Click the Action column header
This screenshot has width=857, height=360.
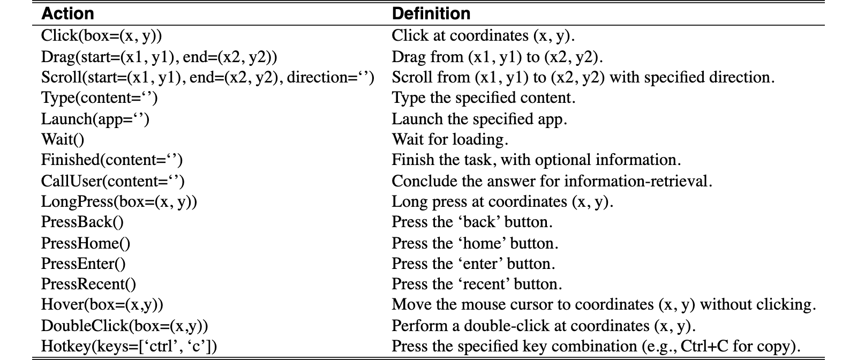(x=67, y=14)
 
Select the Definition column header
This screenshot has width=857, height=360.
(x=431, y=14)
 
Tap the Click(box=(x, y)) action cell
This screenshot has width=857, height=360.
(x=101, y=36)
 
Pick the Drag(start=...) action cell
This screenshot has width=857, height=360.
(x=159, y=57)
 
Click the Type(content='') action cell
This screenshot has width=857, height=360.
(x=100, y=98)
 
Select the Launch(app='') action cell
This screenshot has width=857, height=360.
(x=95, y=119)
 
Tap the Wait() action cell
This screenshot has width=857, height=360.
(x=63, y=140)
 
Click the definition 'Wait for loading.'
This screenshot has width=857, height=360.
(x=450, y=140)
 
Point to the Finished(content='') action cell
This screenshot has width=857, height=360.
(x=112, y=160)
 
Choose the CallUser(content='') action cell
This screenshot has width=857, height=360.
(x=113, y=181)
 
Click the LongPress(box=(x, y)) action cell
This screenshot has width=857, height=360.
(x=119, y=202)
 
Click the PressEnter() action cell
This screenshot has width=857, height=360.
(x=84, y=264)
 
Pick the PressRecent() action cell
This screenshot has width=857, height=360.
(x=88, y=284)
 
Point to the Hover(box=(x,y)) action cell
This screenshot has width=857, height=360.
(x=102, y=305)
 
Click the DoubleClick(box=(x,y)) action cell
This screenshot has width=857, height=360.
(x=125, y=326)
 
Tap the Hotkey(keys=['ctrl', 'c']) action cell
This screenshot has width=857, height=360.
(x=129, y=347)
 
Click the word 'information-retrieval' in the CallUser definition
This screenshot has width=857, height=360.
(x=638, y=181)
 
